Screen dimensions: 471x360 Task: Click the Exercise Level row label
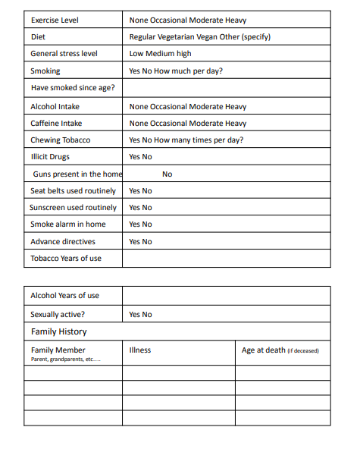tap(54, 20)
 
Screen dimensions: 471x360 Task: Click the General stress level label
tap(64, 54)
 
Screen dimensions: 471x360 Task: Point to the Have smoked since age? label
tap(73, 88)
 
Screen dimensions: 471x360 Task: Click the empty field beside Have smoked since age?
tap(226, 88)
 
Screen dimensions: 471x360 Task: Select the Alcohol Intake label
tap(55, 107)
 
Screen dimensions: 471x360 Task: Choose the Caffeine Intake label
tap(56, 123)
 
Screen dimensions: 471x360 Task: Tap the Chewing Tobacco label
tap(60, 140)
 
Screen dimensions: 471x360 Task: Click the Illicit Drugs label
tap(50, 156)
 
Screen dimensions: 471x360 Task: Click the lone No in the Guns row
tap(167, 174)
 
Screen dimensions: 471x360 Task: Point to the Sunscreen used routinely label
tap(74, 207)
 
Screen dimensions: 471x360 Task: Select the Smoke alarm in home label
tap(68, 225)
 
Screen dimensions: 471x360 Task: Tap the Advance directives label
tap(63, 242)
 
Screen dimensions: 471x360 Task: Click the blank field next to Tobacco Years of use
tap(226, 259)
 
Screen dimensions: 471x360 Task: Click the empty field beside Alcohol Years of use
tap(226, 295)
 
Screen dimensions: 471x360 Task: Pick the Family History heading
tap(58, 331)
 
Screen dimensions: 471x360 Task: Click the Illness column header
tap(140, 350)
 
